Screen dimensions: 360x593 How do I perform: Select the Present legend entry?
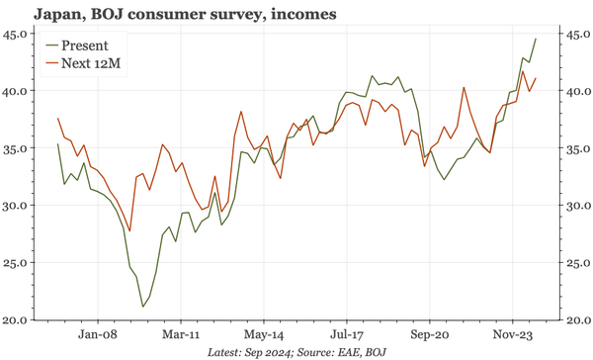pos(84,45)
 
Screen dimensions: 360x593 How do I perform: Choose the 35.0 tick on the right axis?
pos(574,148)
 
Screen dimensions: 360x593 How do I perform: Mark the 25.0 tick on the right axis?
pos(574,263)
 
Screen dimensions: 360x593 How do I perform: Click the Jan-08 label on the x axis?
pos(101,335)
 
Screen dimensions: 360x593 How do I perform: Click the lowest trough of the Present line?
pos(142,307)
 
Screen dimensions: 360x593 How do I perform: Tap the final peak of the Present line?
pos(536,39)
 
